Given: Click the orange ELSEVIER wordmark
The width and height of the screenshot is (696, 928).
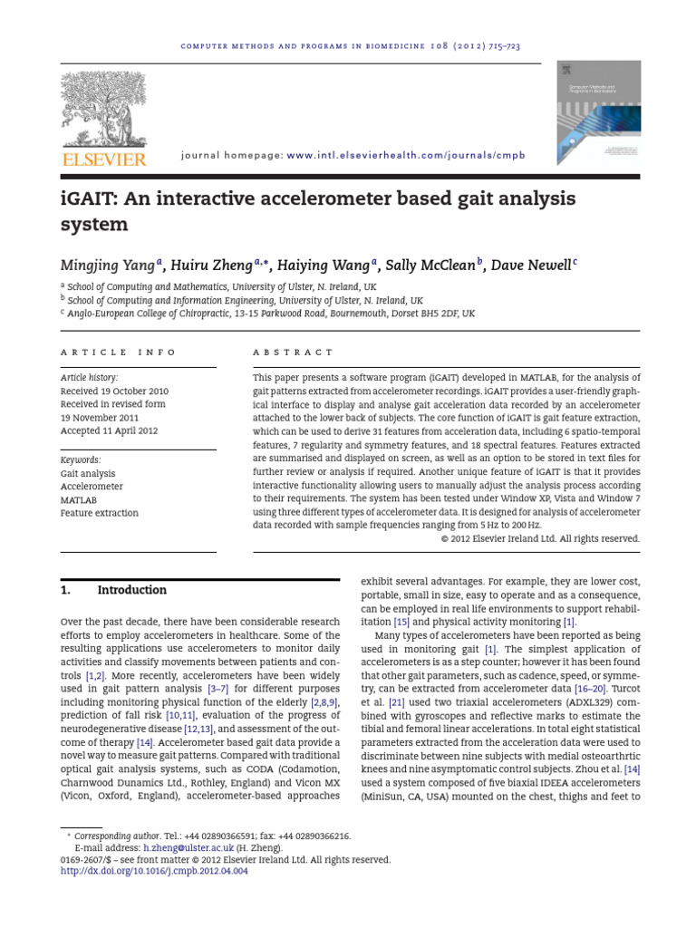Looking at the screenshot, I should pyautogui.click(x=102, y=159).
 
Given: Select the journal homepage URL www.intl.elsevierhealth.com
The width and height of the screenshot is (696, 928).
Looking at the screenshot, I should pyautogui.click(x=406, y=156).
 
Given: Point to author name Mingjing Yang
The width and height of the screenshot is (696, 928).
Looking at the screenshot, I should pyautogui.click(x=108, y=266).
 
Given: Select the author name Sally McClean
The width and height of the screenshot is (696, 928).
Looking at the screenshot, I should pyautogui.click(x=430, y=266).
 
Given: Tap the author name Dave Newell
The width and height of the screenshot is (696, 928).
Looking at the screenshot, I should pyautogui.click(x=530, y=266).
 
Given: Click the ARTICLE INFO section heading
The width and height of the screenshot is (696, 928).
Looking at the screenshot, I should pyautogui.click(x=119, y=352).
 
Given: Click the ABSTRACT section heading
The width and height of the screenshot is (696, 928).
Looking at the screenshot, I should pyautogui.click(x=293, y=352).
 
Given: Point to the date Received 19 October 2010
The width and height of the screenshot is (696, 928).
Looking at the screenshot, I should pyautogui.click(x=114, y=391).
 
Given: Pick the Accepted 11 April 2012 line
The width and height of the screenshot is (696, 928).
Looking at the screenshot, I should pyautogui.click(x=109, y=431).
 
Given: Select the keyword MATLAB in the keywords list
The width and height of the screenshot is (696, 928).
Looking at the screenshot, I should pyautogui.click(x=79, y=499).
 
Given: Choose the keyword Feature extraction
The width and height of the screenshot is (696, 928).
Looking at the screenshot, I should pyautogui.click(x=100, y=513).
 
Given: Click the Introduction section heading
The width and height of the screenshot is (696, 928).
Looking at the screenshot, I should pyautogui.click(x=131, y=590).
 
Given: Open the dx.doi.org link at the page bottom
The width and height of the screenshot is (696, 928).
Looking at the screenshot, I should pyautogui.click(x=153, y=872).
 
